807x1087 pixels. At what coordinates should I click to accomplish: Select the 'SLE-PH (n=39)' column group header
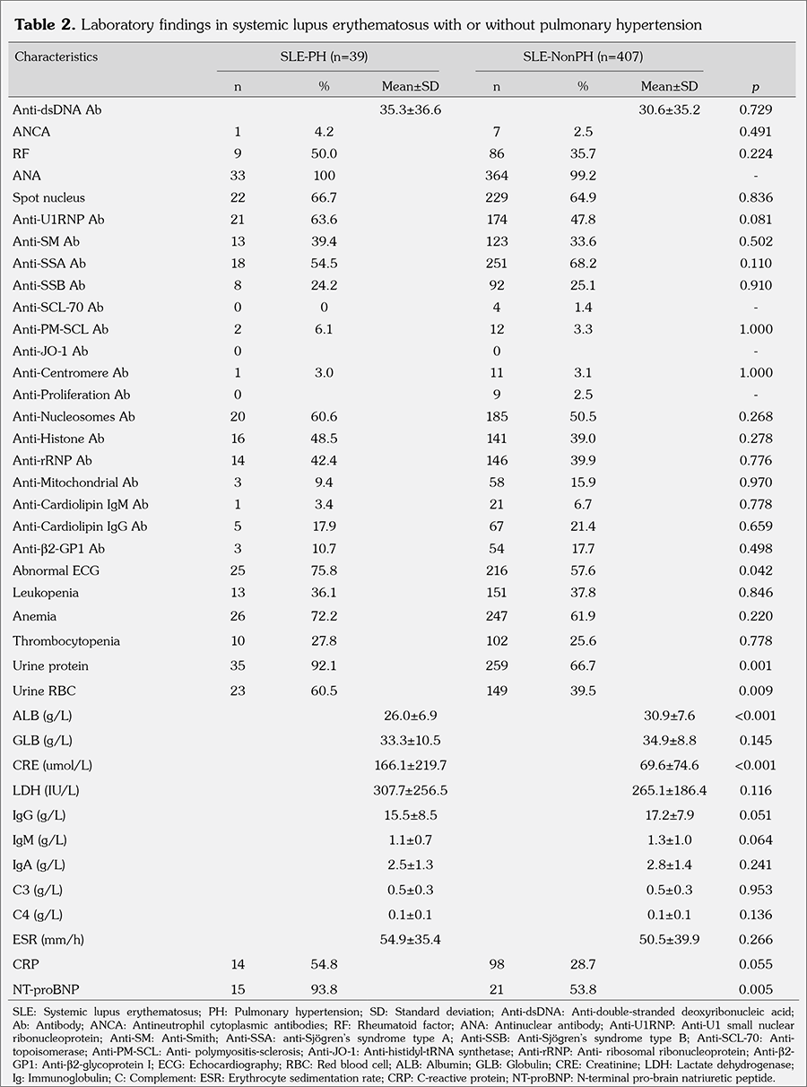[x=327, y=57]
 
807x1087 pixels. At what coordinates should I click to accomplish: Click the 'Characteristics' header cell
[x=56, y=57]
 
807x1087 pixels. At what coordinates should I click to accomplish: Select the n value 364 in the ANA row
[x=495, y=176]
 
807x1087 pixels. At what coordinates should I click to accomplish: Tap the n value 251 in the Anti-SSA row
[x=495, y=264]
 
